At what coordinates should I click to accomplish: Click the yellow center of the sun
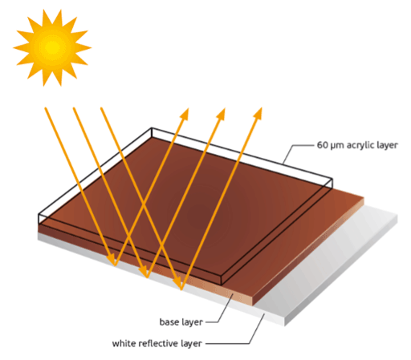coord(52,47)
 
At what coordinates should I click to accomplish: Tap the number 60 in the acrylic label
coord(322,145)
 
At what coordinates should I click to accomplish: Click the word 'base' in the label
coord(169,322)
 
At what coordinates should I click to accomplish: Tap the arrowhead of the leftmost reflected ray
coord(185,113)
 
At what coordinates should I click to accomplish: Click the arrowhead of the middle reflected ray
coord(221,113)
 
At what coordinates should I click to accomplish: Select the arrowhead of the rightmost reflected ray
coord(258,113)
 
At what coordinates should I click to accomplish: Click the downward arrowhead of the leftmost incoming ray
coord(112,260)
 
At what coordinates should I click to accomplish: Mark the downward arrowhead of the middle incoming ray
coord(144,272)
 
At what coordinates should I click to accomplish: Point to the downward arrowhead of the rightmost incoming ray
coord(178,284)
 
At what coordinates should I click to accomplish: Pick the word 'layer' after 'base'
coord(193,322)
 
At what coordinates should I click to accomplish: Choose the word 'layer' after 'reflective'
coord(192,344)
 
